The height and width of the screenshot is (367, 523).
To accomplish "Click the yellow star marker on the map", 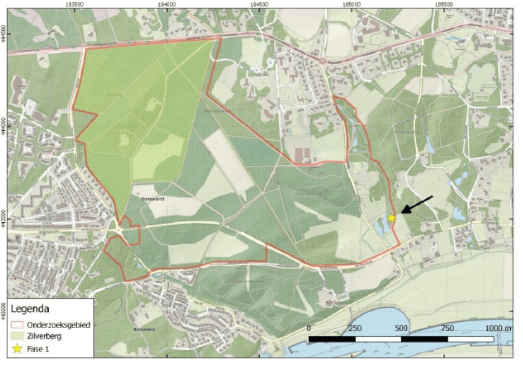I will pos(392,218).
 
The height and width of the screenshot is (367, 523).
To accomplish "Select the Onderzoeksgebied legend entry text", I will pos(58,325).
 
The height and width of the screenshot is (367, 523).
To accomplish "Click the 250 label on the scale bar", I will pos(355,328).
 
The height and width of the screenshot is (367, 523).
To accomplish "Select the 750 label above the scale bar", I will pos(446,328).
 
